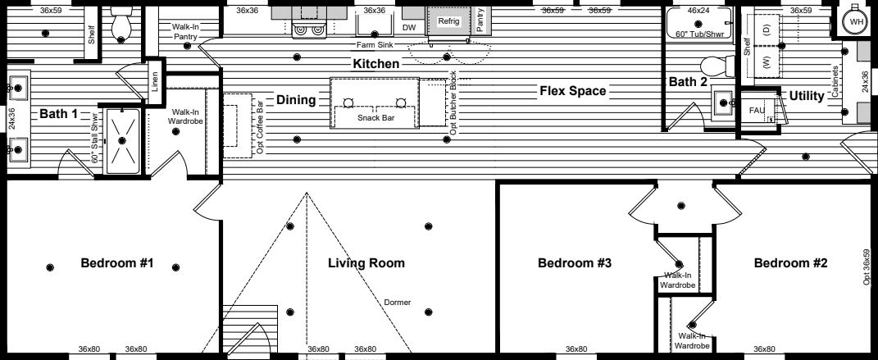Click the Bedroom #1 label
click(117, 263)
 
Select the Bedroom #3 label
click(575, 263)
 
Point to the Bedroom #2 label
click(790, 263)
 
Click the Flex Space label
click(572, 90)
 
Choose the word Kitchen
click(376, 63)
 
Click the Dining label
click(296, 100)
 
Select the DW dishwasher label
click(409, 27)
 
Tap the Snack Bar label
click(374, 118)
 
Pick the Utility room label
click(807, 96)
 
